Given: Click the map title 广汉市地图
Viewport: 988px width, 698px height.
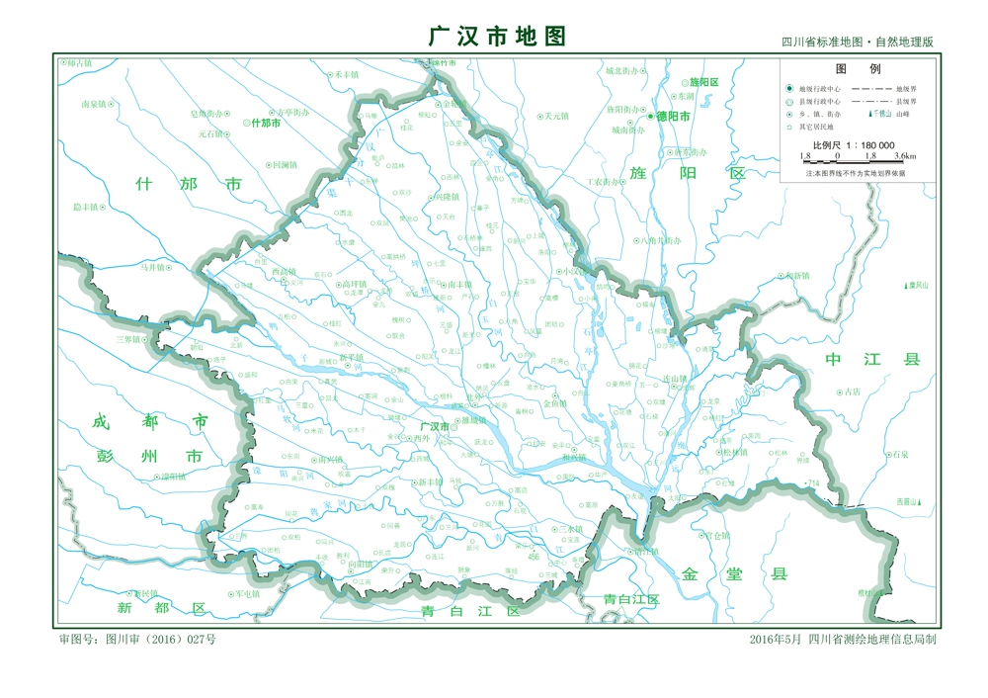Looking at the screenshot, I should [x=497, y=37].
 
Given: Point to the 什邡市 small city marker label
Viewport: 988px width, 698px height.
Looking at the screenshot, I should [x=266, y=124].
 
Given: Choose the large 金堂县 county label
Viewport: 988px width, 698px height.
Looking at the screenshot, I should [x=732, y=573].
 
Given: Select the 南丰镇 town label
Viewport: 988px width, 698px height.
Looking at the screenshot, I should [x=460, y=285].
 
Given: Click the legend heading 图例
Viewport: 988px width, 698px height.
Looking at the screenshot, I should [x=858, y=69].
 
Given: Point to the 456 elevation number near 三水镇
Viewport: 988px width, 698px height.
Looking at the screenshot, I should [x=534, y=557].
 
